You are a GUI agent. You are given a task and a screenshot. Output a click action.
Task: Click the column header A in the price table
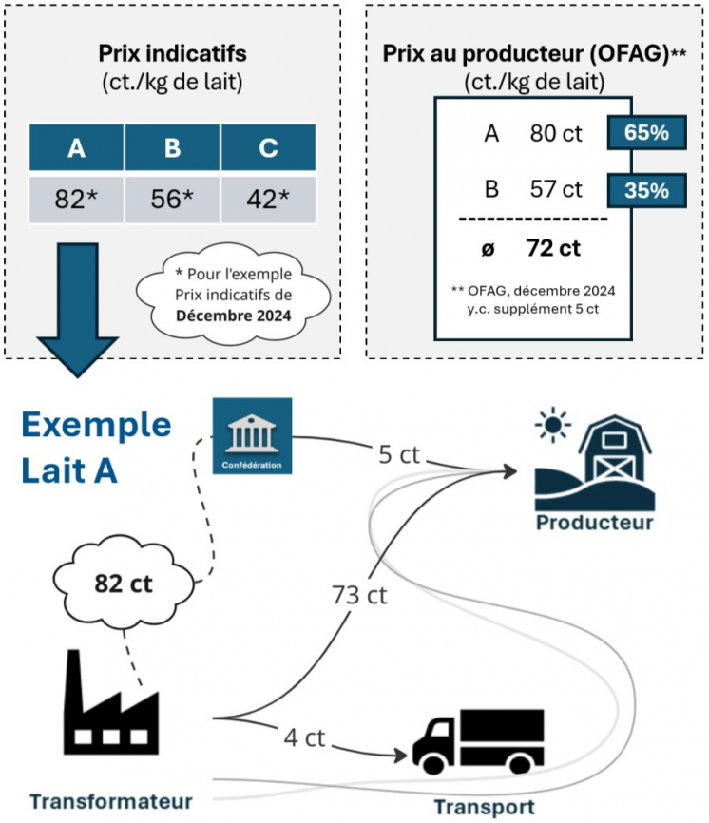76,148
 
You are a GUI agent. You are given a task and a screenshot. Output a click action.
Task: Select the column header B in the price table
172,148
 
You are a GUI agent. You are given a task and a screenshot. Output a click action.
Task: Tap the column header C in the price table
268,148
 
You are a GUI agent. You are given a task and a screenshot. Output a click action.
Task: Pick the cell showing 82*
76,200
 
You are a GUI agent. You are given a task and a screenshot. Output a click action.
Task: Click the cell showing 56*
172,200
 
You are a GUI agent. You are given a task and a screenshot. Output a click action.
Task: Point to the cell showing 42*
268,200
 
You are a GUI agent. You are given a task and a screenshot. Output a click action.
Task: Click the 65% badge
646,133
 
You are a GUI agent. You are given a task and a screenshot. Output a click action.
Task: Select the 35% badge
646,189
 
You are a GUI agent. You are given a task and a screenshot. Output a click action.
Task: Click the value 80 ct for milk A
556,133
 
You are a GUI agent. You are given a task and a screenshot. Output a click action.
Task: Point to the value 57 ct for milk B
556,189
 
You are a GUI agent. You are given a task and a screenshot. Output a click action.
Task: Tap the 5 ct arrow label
397,455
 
